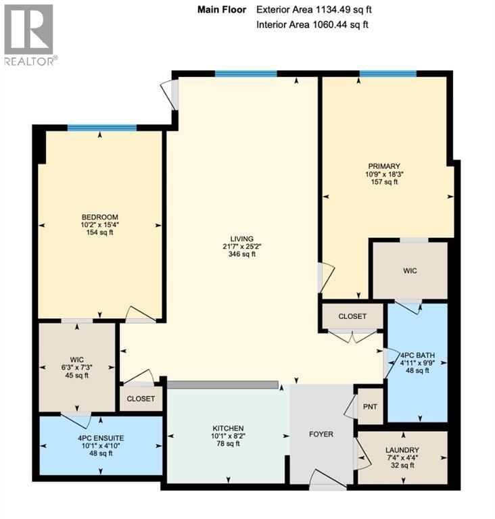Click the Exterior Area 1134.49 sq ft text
[314, 9]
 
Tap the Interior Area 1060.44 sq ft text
[313, 25]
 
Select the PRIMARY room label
[384, 166]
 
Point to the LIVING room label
[241, 239]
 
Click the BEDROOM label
[100, 217]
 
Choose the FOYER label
[321, 434]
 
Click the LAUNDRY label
[402, 450]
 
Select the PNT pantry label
[370, 407]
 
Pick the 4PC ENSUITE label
[99, 437]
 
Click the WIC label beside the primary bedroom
[410, 270]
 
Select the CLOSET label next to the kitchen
[141, 399]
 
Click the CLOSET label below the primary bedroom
[352, 316]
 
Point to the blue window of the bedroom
[102, 127]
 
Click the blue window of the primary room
[387, 74]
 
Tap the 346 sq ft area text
[241, 255]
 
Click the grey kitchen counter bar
[223, 385]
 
